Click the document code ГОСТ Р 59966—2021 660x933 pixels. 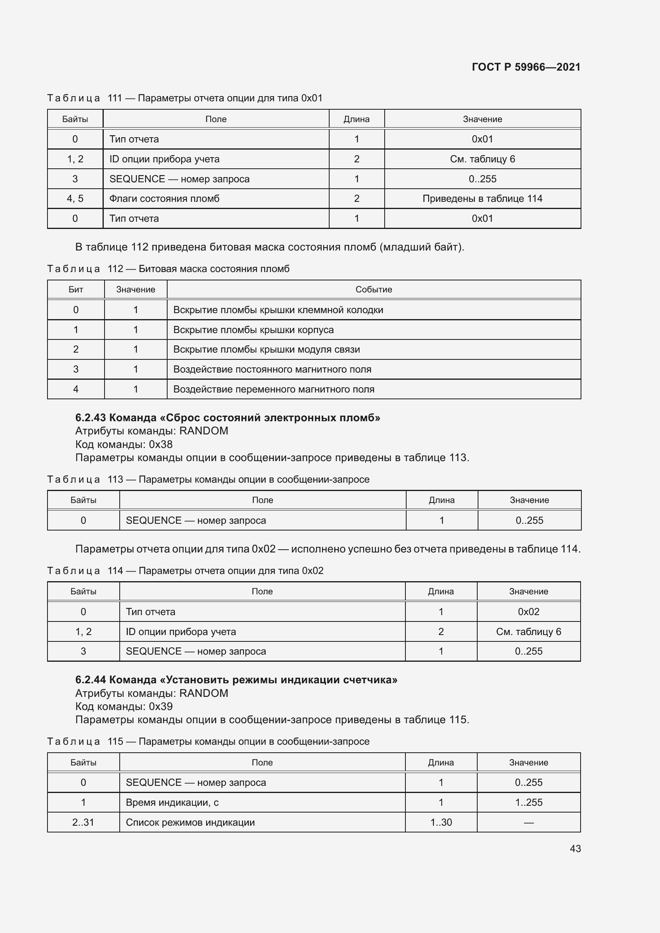pyautogui.click(x=526, y=67)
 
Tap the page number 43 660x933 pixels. pyautogui.click(x=575, y=848)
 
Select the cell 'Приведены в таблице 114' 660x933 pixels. pyautogui.click(x=482, y=199)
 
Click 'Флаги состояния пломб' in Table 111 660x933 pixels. pyautogui.click(x=164, y=199)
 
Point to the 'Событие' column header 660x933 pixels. pyautogui.click(x=373, y=290)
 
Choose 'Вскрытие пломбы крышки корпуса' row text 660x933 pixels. pyautogui.click(x=253, y=330)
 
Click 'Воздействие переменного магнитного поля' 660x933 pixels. pyautogui.click(x=273, y=389)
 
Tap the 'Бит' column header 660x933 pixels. pyautogui.click(x=75, y=290)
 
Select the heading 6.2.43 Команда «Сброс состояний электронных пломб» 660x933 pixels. pyautogui.click(x=227, y=418)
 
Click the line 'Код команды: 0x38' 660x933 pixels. pyautogui.click(x=124, y=444)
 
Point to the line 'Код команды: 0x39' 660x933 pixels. pyautogui.click(x=124, y=706)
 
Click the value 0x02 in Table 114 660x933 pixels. pyautogui.click(x=528, y=611)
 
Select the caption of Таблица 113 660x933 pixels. pyautogui.click(x=208, y=479)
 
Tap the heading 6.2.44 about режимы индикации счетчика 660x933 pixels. pyautogui.click(x=236, y=680)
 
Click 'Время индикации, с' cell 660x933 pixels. pyautogui.click(x=172, y=803)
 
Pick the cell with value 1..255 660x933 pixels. pyautogui.click(x=528, y=803)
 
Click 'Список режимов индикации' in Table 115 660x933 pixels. pyautogui.click(x=190, y=823)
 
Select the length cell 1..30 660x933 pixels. pyautogui.click(x=441, y=823)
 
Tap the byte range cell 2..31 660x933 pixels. pyautogui.click(x=83, y=823)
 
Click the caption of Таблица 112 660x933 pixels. pyautogui.click(x=168, y=269)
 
